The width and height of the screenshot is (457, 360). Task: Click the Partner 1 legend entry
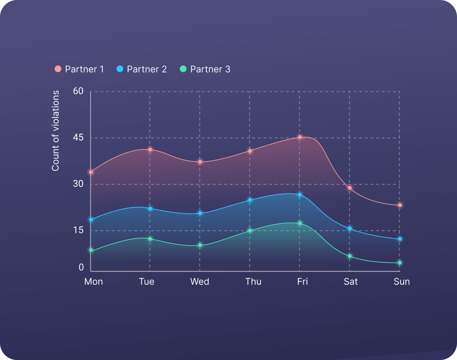click(x=79, y=69)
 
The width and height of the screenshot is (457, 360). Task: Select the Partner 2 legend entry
click(x=142, y=69)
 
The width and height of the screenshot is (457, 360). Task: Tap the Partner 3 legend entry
click(x=205, y=69)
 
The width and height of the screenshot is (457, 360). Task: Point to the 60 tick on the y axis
click(x=78, y=91)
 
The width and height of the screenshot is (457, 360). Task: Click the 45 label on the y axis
click(x=78, y=137)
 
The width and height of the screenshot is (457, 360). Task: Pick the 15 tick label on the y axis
click(x=78, y=230)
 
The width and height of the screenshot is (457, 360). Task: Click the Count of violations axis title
click(x=56, y=131)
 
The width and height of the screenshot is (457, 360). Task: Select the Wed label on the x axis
click(x=200, y=282)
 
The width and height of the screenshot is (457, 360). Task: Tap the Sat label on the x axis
click(x=351, y=282)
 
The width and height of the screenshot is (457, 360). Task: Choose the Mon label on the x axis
click(x=94, y=282)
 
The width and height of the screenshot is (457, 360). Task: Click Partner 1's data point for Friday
click(x=300, y=137)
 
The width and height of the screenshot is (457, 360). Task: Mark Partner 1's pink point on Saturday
click(x=350, y=188)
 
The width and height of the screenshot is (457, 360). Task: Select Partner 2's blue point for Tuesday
click(x=150, y=208)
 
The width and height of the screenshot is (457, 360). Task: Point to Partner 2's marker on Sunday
click(x=400, y=239)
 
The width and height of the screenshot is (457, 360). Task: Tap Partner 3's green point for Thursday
click(x=250, y=231)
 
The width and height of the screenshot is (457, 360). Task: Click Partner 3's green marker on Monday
click(x=91, y=250)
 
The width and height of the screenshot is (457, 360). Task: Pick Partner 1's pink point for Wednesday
click(x=200, y=162)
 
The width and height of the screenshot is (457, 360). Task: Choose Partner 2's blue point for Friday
click(x=300, y=195)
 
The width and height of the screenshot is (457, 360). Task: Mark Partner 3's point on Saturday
click(x=350, y=256)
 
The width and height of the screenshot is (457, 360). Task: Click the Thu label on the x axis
click(x=253, y=282)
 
